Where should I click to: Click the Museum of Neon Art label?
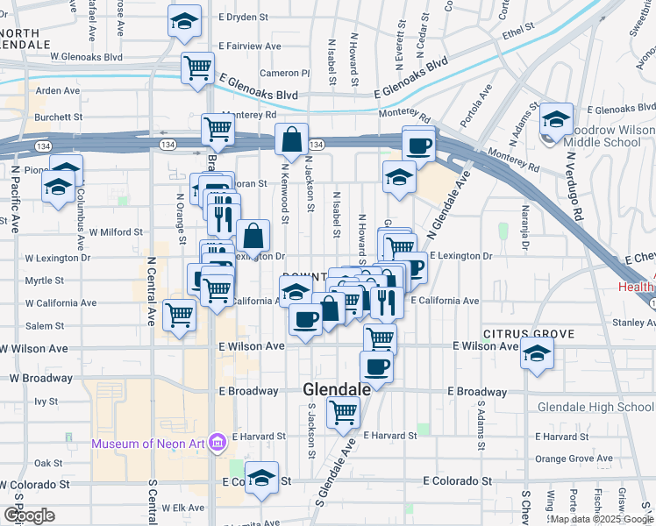click(148, 443)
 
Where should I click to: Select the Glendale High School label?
click(595, 407)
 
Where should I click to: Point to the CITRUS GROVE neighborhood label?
click(527, 334)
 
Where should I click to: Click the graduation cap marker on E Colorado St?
click(261, 478)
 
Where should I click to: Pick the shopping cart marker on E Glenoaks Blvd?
click(198, 67)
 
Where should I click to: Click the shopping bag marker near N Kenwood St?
click(290, 139)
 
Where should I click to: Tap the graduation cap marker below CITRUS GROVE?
click(537, 354)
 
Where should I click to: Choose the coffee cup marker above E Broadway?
click(376, 367)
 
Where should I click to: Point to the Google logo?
click(28, 515)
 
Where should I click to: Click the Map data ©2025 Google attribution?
click(601, 519)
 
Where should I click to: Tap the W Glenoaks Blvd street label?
click(86, 56)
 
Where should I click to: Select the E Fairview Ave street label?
click(250, 46)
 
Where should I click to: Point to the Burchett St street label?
click(58, 117)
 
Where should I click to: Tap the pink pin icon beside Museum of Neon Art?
click(218, 442)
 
